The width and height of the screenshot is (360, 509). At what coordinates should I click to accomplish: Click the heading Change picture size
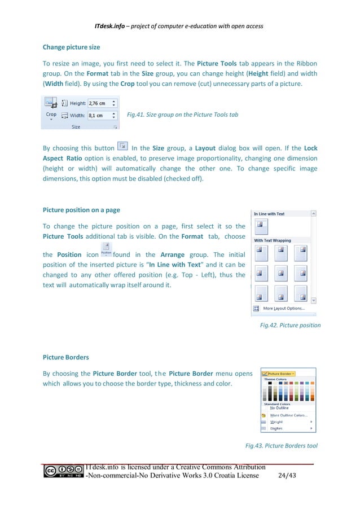pyautogui.click(x=71, y=47)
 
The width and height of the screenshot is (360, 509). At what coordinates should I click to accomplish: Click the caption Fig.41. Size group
pyautogui.click(x=182, y=115)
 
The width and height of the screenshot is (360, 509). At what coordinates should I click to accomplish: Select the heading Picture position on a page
pyautogui.click(x=81, y=210)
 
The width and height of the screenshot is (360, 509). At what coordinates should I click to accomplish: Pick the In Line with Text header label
pyautogui.click(x=269, y=214)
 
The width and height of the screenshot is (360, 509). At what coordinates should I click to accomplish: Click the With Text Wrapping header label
pyautogui.click(x=273, y=240)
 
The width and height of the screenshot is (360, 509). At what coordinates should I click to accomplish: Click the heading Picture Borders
pyautogui.click(x=65, y=358)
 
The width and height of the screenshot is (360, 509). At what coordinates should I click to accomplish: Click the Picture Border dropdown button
pyautogui.click(x=281, y=374)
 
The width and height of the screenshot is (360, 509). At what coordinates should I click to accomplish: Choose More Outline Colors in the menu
pyautogui.click(x=289, y=415)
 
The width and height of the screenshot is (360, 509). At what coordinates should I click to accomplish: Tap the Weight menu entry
pyautogui.click(x=276, y=422)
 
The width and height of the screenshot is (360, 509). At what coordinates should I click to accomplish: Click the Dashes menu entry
pyautogui.click(x=276, y=428)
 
